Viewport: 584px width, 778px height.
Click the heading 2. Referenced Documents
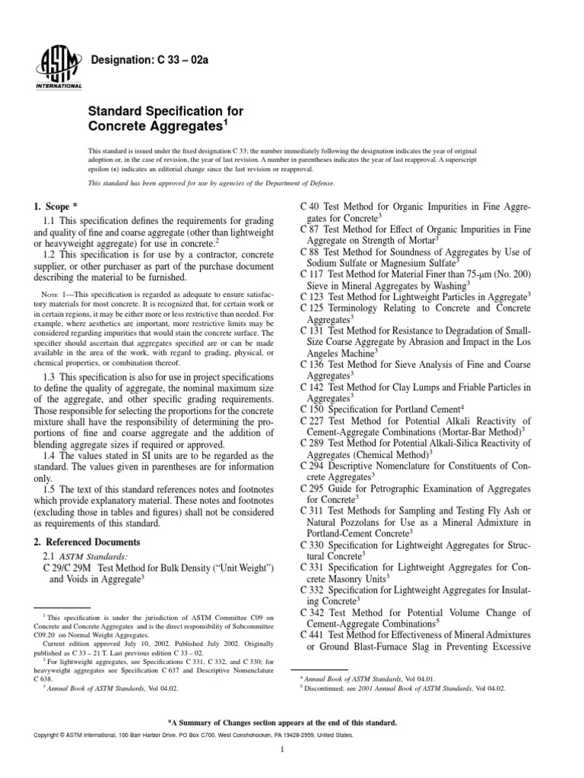87,542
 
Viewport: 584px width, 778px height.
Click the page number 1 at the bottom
281,751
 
